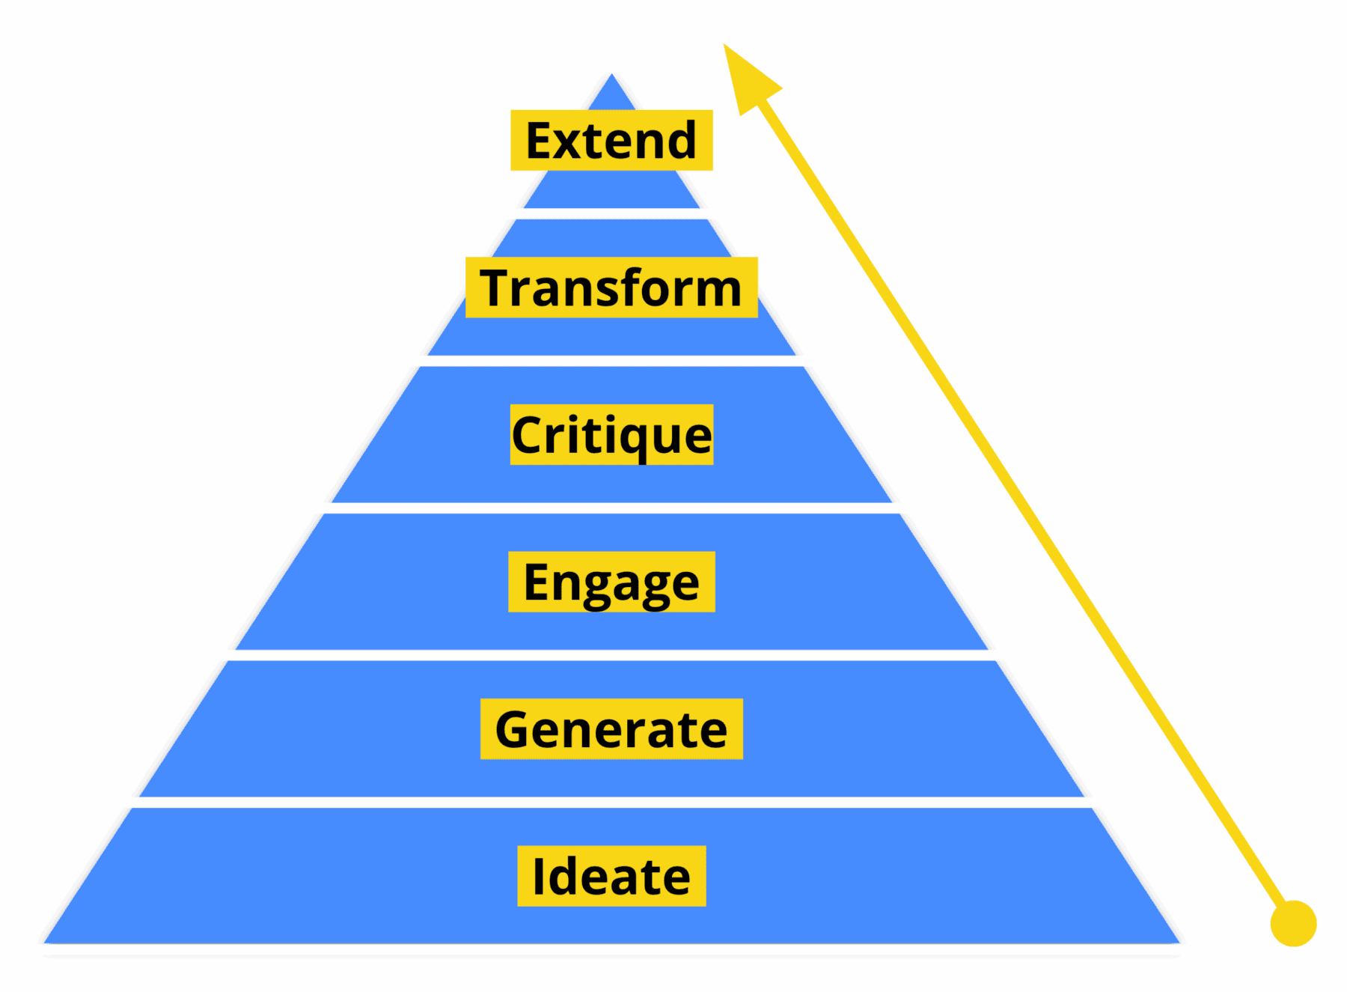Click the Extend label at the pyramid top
click(611, 140)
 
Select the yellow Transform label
click(611, 287)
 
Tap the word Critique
click(611, 435)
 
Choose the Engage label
click(611, 582)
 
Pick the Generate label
click(611, 729)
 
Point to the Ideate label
click(611, 876)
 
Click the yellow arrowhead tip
click(724, 43)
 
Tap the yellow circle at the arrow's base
click(1293, 923)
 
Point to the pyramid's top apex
click(612, 73)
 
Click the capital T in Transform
click(498, 287)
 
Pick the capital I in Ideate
click(538, 876)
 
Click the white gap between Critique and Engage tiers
click(611, 508)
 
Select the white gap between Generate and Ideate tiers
click(611, 803)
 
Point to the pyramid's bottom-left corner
click(43, 943)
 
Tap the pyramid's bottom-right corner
click(1180, 943)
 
